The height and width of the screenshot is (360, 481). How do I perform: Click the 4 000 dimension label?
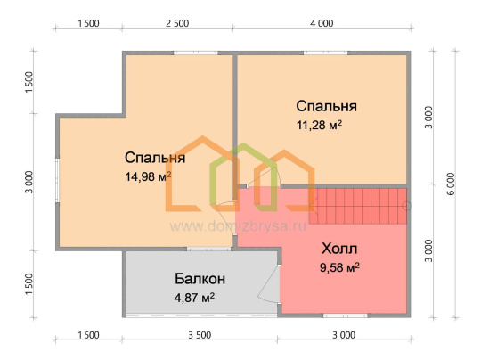click(322, 23)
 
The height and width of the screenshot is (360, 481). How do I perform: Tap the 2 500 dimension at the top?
click(177, 23)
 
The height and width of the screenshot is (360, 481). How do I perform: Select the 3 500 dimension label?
click(200, 335)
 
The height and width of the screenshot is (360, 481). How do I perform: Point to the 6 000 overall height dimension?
click(451, 184)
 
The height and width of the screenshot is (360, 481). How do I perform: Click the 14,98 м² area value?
click(148, 176)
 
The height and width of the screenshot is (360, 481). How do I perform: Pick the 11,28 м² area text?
click(319, 125)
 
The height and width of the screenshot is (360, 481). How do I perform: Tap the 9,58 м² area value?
click(339, 267)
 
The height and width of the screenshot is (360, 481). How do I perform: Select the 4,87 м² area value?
click(194, 298)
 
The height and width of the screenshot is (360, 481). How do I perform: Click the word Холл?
click(339, 249)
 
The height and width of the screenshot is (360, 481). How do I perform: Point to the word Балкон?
click(200, 279)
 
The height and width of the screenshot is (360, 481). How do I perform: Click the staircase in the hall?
click(358, 206)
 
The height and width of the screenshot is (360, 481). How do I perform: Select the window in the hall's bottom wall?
click(346, 315)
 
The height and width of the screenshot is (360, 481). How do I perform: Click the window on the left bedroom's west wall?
click(57, 180)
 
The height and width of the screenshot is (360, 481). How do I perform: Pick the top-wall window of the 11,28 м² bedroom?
click(325, 53)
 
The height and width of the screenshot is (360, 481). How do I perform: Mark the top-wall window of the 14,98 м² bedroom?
click(196, 53)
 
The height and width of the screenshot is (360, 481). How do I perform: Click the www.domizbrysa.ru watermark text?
click(238, 227)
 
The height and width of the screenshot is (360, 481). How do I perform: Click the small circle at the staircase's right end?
click(406, 206)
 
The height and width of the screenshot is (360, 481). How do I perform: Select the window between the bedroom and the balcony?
click(209, 249)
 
